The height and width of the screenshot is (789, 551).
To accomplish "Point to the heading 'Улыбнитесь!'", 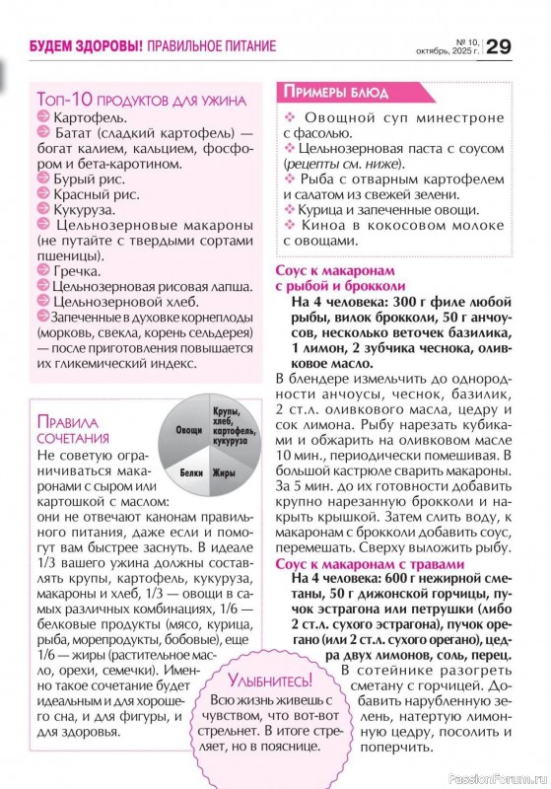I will [x=269, y=681].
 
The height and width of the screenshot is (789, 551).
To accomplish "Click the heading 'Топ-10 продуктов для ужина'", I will [x=140, y=100].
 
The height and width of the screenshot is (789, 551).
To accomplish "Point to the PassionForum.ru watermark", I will [x=498, y=775].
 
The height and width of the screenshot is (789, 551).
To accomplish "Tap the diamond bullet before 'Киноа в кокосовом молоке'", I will [x=289, y=224].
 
